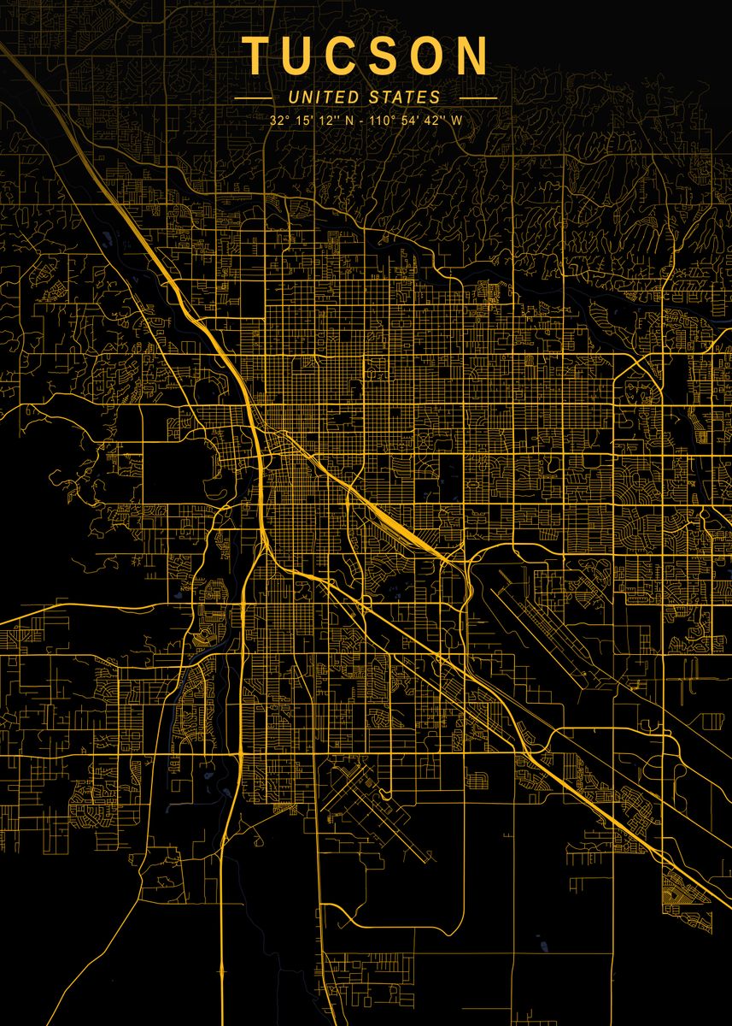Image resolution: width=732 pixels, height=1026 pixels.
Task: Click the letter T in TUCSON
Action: click(257, 55)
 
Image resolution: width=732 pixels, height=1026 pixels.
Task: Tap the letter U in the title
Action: click(302, 55)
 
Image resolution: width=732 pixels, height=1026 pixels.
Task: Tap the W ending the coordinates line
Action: click(457, 121)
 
